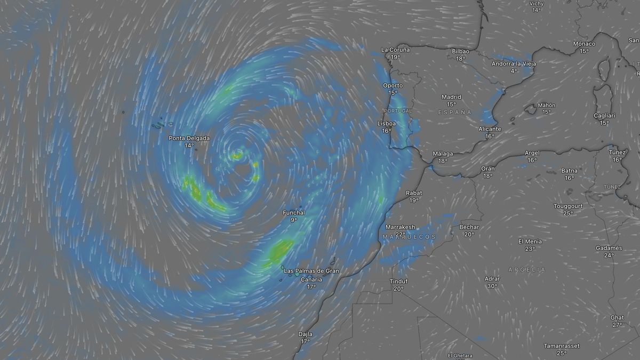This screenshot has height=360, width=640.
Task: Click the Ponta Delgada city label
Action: point(189,138)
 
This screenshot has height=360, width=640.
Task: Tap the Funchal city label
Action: point(294,213)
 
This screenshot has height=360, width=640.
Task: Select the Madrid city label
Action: point(451,97)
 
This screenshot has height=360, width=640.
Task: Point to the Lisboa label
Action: point(387,123)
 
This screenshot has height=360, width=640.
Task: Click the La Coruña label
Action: point(396,50)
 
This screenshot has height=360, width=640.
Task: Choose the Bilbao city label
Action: point(460,51)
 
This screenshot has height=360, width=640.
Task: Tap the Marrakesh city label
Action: point(400,227)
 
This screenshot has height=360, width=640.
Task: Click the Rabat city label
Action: point(414,193)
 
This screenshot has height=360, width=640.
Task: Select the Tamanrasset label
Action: point(562,346)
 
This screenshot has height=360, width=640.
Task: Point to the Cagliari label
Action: point(604,116)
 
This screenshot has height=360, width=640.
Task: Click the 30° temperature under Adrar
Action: point(492,286)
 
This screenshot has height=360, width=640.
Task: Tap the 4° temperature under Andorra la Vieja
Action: point(514,70)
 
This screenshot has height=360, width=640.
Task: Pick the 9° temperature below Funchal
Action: point(294,220)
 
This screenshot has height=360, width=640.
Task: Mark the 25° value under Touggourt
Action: point(567,213)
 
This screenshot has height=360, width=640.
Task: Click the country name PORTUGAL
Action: point(398,111)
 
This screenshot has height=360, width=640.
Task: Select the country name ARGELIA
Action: point(527,269)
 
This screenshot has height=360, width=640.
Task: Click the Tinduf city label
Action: point(398,282)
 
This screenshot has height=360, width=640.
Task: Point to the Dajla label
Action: point(305,334)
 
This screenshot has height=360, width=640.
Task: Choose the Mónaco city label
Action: point(584,44)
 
